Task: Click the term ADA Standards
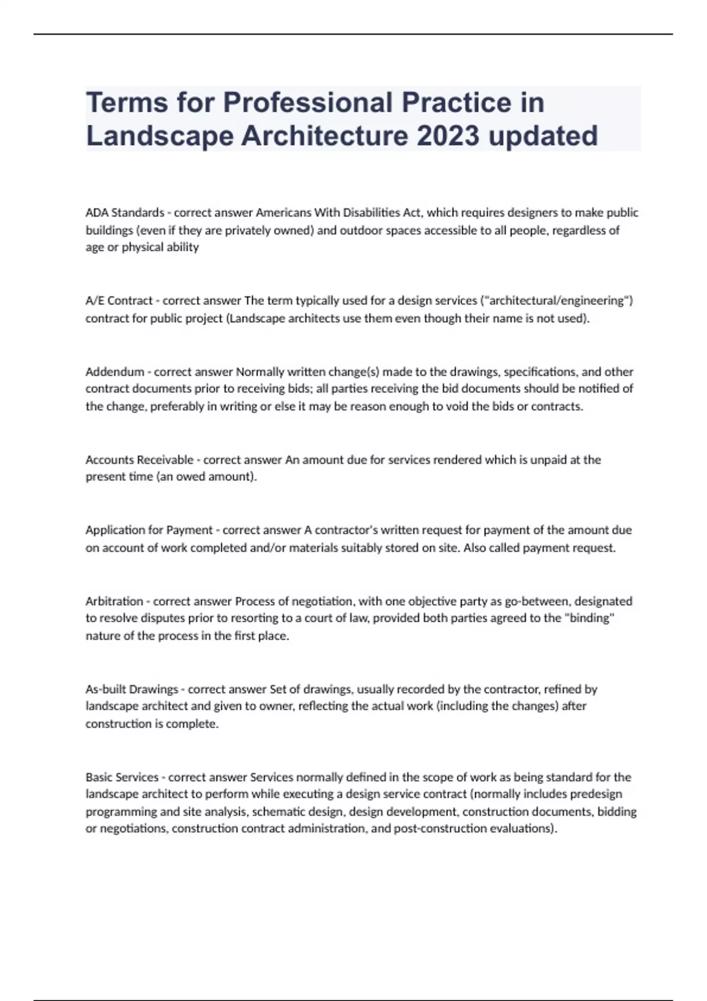point(125,213)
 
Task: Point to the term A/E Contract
point(119,301)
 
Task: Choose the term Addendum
point(115,372)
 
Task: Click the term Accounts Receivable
point(140,460)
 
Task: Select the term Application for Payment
point(149,530)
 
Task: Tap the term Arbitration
point(114,601)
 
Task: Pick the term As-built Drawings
point(132,689)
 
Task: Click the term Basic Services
point(122,777)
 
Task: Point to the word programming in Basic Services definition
point(121,811)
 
